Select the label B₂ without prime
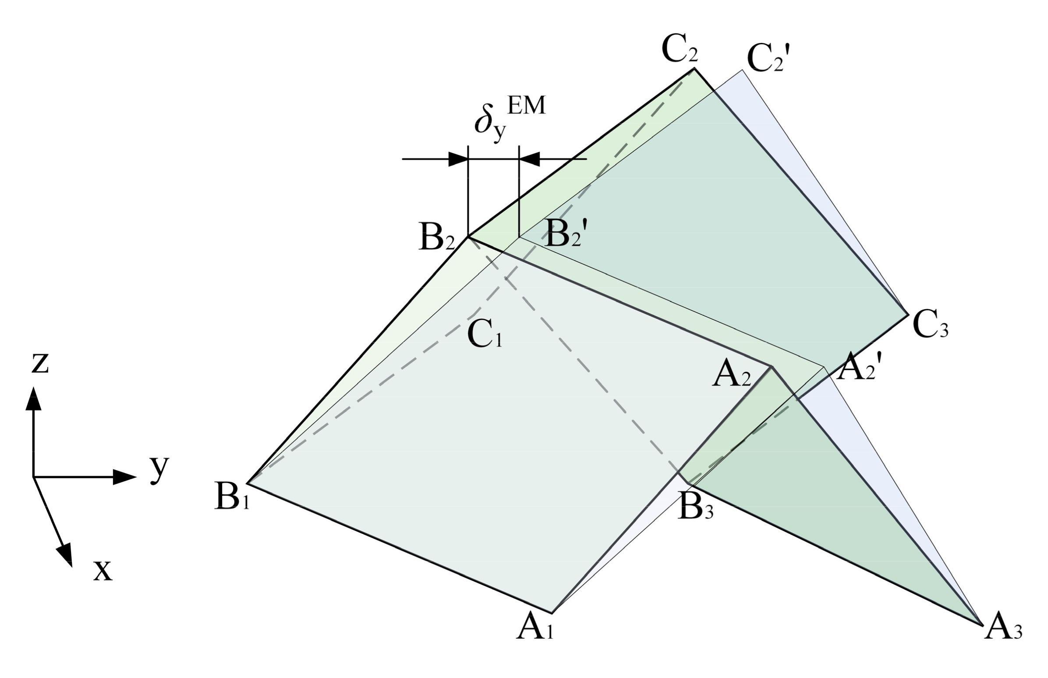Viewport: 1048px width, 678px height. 437,239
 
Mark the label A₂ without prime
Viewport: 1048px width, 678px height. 731,375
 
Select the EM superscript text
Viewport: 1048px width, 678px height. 526,106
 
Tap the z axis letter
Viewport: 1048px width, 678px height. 39,363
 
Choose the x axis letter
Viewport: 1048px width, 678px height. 103,571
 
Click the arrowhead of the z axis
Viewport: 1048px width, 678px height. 33,399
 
